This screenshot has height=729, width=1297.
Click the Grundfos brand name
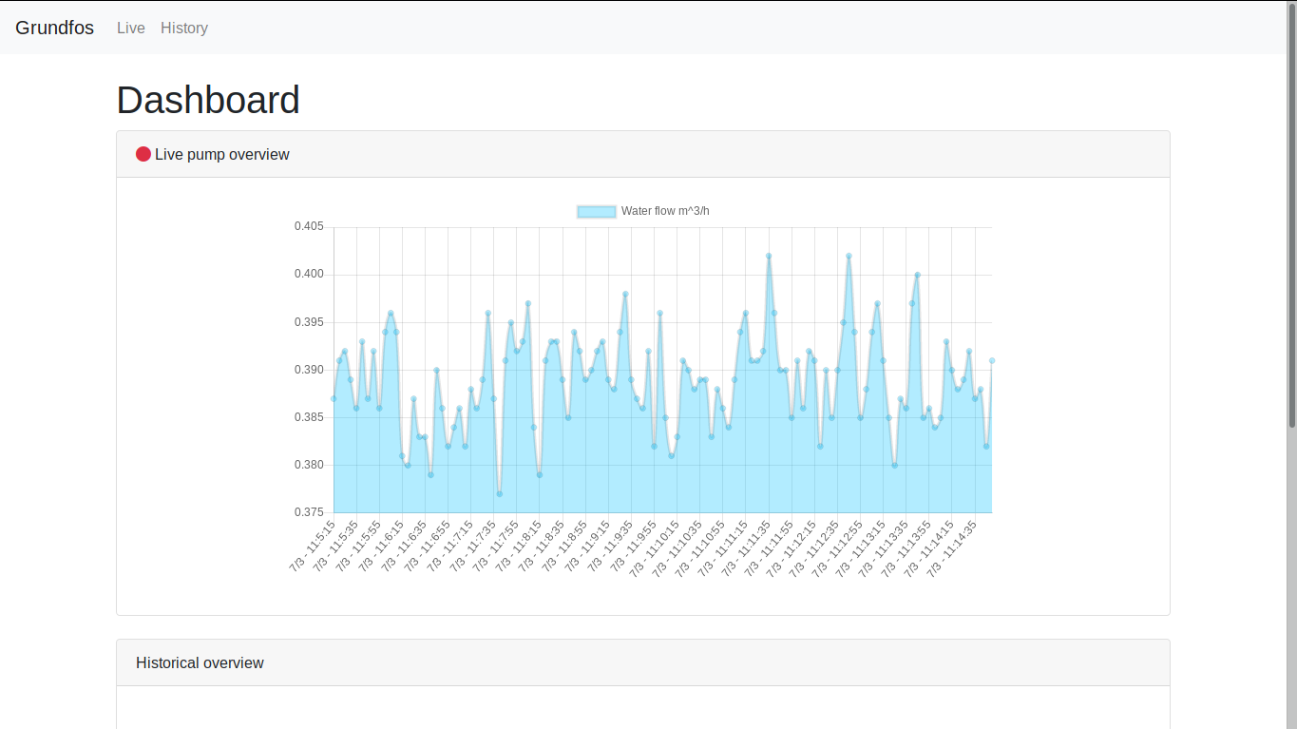click(x=54, y=28)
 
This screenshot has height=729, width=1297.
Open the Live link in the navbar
click(x=131, y=28)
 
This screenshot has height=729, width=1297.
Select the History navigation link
click(x=184, y=28)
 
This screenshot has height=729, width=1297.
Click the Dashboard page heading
click(x=208, y=100)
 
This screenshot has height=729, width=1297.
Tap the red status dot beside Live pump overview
click(x=143, y=154)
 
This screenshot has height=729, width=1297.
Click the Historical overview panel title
click(x=200, y=662)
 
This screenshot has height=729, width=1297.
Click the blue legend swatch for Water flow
click(x=596, y=211)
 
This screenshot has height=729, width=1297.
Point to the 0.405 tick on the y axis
click(x=309, y=226)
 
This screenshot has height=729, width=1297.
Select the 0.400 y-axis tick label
click(x=309, y=274)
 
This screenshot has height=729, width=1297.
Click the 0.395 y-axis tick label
click(x=309, y=322)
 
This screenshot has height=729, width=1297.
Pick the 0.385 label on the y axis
click(x=309, y=417)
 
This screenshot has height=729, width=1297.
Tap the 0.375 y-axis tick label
click(x=309, y=512)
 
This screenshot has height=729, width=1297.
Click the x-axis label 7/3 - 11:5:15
click(x=313, y=546)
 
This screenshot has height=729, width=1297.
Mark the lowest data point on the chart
click(x=499, y=493)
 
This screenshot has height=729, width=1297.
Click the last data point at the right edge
click(x=992, y=360)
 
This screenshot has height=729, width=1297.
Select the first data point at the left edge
click(x=334, y=398)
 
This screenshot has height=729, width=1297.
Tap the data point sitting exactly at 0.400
click(x=918, y=275)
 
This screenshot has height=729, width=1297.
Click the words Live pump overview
click(x=222, y=154)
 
